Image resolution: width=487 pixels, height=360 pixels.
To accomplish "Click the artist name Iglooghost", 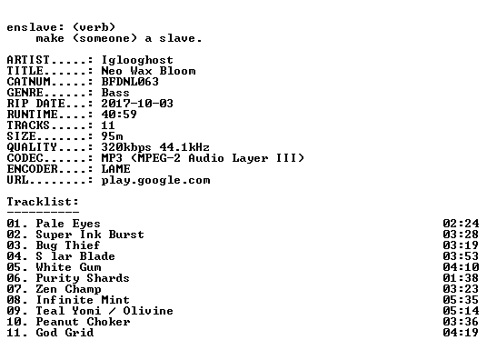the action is [x=137, y=60].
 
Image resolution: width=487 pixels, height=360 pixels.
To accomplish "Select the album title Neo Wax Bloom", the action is [x=148, y=71].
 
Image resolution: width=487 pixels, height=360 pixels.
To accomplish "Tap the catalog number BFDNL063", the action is [x=130, y=82].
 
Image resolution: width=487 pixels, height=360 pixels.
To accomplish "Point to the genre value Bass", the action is [x=115, y=93].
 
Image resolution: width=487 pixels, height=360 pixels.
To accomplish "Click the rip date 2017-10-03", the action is [x=137, y=104].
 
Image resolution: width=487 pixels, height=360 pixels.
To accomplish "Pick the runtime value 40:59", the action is [x=119, y=115].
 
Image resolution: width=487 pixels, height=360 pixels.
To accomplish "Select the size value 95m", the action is [x=112, y=136].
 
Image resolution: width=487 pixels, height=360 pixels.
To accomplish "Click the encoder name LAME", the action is [x=116, y=169].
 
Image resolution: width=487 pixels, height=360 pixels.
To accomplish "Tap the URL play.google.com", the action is [x=155, y=181].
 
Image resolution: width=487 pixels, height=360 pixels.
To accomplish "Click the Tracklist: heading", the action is [x=43, y=202].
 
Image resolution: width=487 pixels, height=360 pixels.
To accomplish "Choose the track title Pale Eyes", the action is [x=68, y=225].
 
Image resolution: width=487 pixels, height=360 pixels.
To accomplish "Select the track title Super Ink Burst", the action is [x=90, y=235].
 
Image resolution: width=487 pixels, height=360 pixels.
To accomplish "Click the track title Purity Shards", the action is [x=83, y=278].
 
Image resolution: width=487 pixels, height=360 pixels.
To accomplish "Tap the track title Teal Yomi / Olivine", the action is [x=104, y=311].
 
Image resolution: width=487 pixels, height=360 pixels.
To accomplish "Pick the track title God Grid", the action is [x=65, y=333].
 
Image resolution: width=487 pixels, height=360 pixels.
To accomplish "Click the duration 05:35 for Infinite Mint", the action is [x=461, y=300].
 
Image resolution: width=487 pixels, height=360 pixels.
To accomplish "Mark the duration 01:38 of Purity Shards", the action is [x=461, y=278].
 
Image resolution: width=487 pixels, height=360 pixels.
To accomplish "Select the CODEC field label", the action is [x=25, y=158].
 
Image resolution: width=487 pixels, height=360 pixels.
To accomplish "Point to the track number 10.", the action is [x=14, y=322].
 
